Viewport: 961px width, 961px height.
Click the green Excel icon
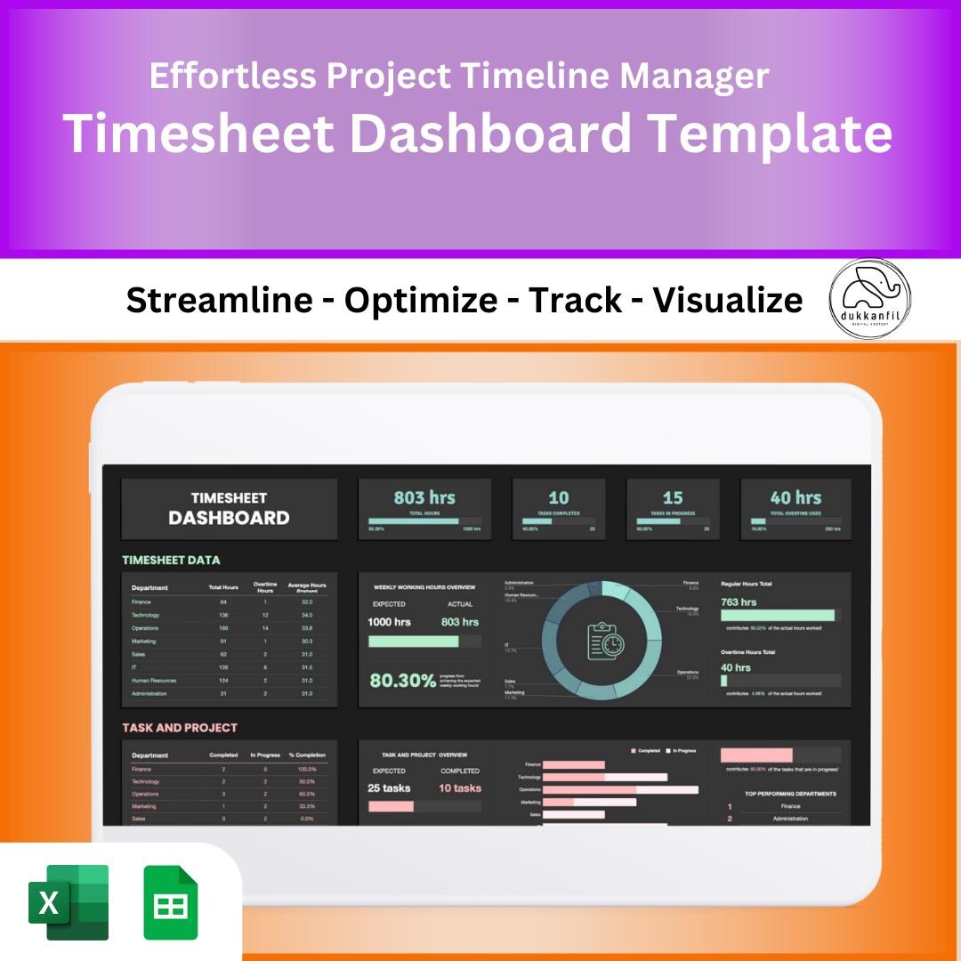pos(69,902)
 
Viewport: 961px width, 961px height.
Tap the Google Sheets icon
pos(171,902)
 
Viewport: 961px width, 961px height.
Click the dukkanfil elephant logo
pos(869,299)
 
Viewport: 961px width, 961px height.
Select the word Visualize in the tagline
pos(728,301)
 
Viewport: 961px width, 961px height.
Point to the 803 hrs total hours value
pos(424,497)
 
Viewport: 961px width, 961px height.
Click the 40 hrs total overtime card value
pos(795,497)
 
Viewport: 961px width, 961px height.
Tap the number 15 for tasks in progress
pos(673,497)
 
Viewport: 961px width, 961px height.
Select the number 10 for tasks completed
pos(559,497)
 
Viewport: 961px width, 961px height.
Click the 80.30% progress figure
pos(403,681)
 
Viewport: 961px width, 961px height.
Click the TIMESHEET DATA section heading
pos(171,560)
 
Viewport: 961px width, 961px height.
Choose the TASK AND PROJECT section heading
pos(180,728)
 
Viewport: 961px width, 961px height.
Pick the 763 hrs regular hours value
pos(739,602)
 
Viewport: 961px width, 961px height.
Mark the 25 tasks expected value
pos(389,788)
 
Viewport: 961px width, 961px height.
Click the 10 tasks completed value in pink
pos(460,788)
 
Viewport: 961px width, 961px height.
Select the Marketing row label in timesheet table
pos(143,641)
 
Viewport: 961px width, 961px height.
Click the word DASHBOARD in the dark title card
pos(229,518)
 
